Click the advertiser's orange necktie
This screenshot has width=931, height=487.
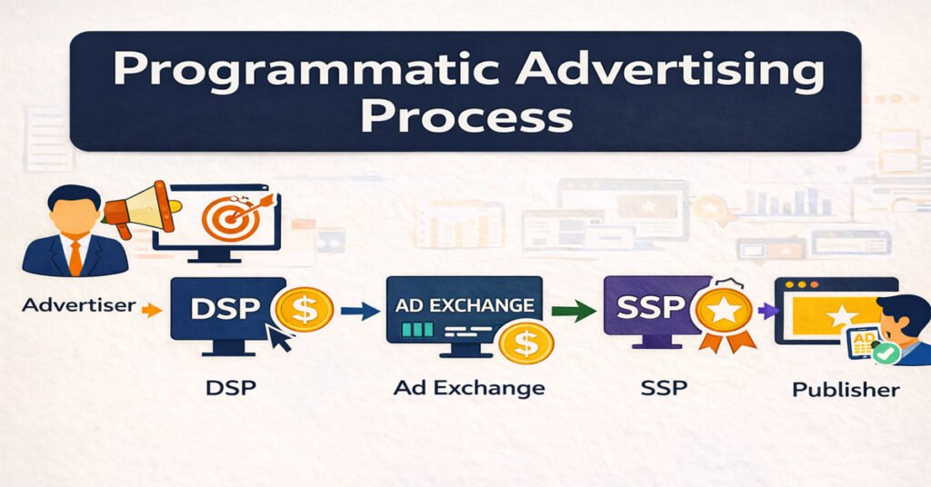[75, 254]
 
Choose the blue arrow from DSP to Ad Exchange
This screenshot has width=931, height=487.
[360, 312]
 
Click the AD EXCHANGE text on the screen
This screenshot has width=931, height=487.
[464, 305]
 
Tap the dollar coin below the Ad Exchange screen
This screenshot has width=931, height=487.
[523, 343]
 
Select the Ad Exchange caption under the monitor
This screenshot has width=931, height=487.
[469, 388]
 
